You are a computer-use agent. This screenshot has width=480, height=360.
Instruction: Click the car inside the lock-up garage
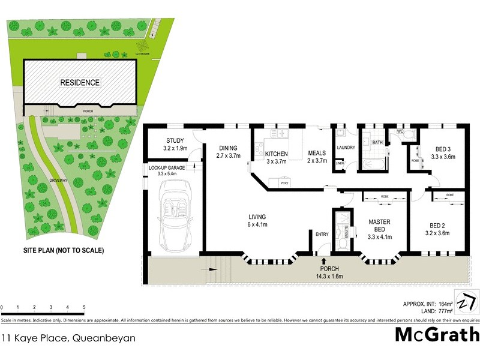point(175,217)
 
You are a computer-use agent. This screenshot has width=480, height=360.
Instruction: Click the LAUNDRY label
point(346,148)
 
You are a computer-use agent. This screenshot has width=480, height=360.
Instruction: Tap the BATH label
point(377,143)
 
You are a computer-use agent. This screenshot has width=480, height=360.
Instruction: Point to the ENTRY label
point(322,235)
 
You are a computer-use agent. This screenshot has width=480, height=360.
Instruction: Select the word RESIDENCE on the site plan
point(79,82)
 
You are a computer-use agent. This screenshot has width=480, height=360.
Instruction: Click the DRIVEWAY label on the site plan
point(52,179)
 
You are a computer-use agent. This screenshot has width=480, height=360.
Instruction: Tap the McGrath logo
point(436,334)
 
